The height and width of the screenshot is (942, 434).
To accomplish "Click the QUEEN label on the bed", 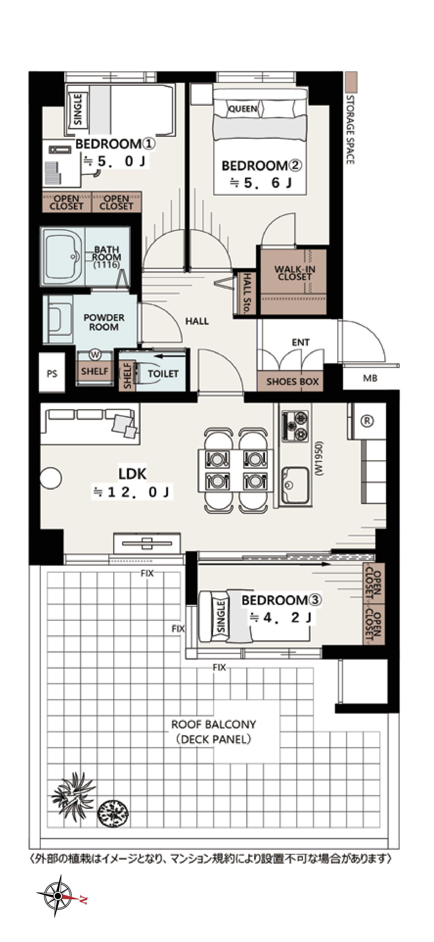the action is pos(243,109).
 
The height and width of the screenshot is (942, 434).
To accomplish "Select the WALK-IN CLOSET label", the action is pos(294,273).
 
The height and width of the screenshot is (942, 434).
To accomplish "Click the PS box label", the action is pos(52,374).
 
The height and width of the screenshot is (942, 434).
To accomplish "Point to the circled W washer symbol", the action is pos(95,355).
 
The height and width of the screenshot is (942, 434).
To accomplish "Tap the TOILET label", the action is pos(163,373).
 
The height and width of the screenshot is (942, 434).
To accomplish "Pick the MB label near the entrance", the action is pos(370,378).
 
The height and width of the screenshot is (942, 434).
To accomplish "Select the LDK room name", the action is pos(132,474).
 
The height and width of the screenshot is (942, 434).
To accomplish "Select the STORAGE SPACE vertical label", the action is pos(350,130).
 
